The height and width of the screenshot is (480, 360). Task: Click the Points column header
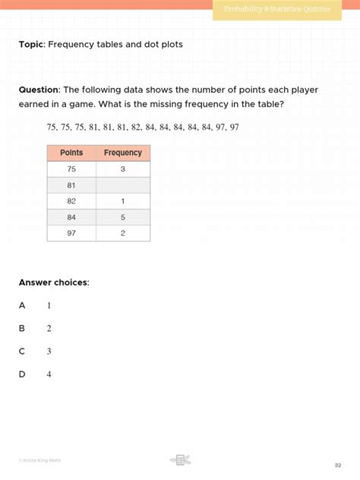[71, 153]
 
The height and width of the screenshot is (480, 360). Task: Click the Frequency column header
[123, 153]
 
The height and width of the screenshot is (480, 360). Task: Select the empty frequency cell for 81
[123, 185]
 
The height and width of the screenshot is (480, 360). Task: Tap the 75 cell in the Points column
[71, 169]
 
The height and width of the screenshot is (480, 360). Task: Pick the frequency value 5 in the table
[123, 218]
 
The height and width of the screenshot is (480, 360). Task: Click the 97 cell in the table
[71, 233]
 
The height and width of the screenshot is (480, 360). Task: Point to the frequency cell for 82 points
[123, 201]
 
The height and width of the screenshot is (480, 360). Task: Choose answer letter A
[22, 305]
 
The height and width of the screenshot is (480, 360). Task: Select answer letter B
[22, 328]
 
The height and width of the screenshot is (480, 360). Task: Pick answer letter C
[22, 351]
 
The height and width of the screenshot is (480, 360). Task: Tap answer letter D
[22, 374]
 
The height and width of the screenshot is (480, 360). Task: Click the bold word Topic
[32, 45]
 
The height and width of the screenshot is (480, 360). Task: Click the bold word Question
[39, 90]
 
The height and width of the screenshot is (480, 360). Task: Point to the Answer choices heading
[54, 283]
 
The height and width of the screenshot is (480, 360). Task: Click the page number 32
[338, 465]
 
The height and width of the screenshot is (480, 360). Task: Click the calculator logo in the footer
[180, 459]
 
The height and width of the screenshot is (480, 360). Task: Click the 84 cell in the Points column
[71, 218]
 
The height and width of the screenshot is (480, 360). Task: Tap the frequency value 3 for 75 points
[123, 169]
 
